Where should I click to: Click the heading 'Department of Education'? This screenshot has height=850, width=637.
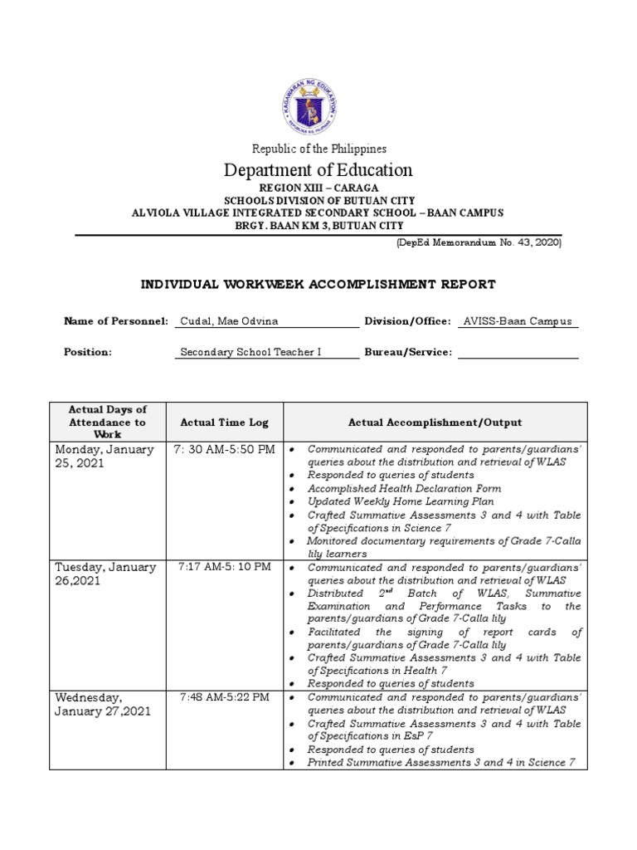tap(318, 170)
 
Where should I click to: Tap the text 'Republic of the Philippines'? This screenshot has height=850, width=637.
tap(318, 149)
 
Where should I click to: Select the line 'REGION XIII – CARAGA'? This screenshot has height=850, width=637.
tap(318, 188)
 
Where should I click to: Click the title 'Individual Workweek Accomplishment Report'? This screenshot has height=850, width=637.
tap(318, 285)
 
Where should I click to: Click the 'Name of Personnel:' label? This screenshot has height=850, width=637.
tap(116, 321)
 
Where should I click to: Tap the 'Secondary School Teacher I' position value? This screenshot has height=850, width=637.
tap(250, 352)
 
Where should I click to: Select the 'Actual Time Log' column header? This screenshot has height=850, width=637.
tap(224, 423)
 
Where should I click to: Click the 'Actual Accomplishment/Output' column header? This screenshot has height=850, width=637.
tap(435, 423)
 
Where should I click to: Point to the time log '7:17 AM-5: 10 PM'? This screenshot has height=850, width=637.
tap(224, 567)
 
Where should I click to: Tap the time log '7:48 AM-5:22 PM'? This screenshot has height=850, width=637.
tap(224, 697)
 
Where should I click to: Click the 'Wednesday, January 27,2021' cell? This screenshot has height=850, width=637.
tap(103, 705)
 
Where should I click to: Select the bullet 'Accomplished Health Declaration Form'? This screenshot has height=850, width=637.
tap(405, 489)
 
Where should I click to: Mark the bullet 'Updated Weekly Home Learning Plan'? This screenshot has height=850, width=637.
tap(401, 502)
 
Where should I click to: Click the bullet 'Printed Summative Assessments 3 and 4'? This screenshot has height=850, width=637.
tap(441, 763)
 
